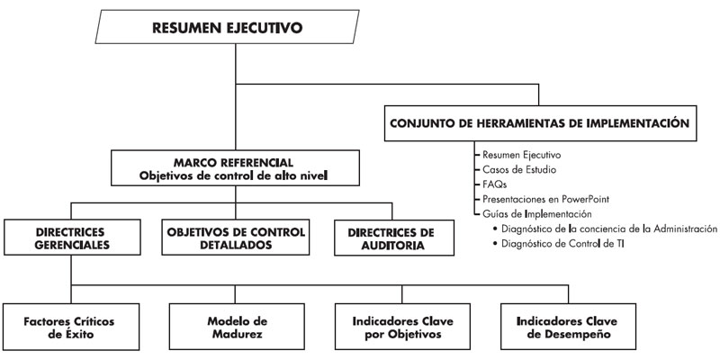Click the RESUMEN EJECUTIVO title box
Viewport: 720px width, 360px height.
coord(227,27)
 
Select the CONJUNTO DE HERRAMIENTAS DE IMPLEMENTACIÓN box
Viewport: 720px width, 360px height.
coord(540,123)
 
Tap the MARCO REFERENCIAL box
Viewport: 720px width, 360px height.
coord(235,168)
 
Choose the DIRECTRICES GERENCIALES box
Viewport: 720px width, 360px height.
coord(72,237)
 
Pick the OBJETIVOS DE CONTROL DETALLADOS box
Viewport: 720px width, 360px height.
coord(235,237)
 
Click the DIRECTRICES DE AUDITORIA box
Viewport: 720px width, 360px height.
coord(394,238)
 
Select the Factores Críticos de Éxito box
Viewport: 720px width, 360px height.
coord(71,327)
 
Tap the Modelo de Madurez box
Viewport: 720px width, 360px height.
coord(237,327)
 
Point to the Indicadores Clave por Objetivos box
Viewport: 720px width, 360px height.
coord(402,327)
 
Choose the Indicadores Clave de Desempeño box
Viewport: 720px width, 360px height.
coord(568,327)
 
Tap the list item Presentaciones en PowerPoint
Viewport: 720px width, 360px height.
coord(546,199)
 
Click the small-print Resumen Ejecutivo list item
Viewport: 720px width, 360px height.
coord(521,155)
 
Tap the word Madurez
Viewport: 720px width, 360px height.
coord(237,334)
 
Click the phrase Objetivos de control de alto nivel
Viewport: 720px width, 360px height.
coord(234,175)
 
